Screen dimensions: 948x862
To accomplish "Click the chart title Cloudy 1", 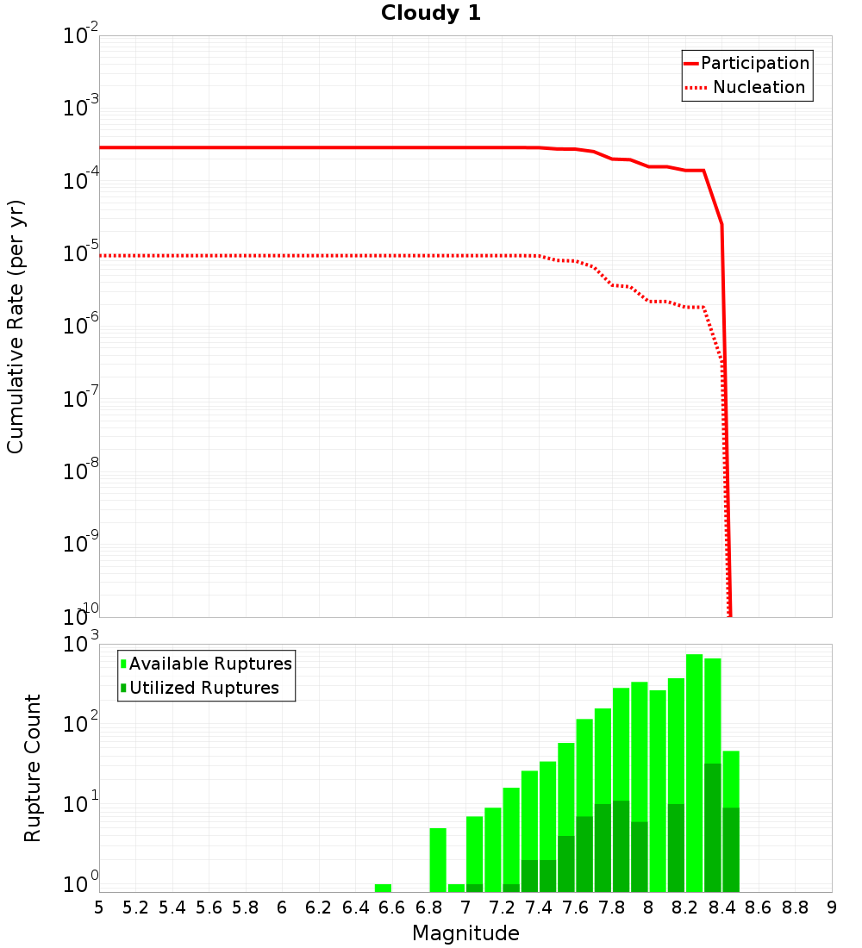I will [x=431, y=13].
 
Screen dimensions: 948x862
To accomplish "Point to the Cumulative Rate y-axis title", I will [x=16, y=327].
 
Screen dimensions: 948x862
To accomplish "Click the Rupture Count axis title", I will [x=33, y=768].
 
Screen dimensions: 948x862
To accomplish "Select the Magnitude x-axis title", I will [x=465, y=933].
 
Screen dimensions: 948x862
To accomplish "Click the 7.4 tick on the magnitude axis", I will [x=539, y=907].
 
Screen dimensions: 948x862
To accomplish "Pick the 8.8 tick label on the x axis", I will [x=795, y=907].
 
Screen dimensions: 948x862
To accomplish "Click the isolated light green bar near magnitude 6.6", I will [x=383, y=888].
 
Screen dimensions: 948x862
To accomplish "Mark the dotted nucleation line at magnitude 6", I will [x=282, y=256].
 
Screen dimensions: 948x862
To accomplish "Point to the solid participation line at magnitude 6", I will [x=282, y=147].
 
